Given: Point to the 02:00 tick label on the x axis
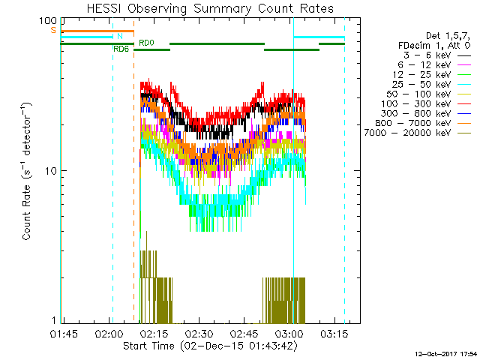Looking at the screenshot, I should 109,332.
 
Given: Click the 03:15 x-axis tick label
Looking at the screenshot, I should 334,332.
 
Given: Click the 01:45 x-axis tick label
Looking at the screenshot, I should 64,332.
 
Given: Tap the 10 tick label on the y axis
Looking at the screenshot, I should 51,171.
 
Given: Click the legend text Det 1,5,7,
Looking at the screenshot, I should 447,36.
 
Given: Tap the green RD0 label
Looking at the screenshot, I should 146,43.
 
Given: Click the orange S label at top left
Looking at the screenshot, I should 53,30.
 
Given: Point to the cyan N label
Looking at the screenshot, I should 118,36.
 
